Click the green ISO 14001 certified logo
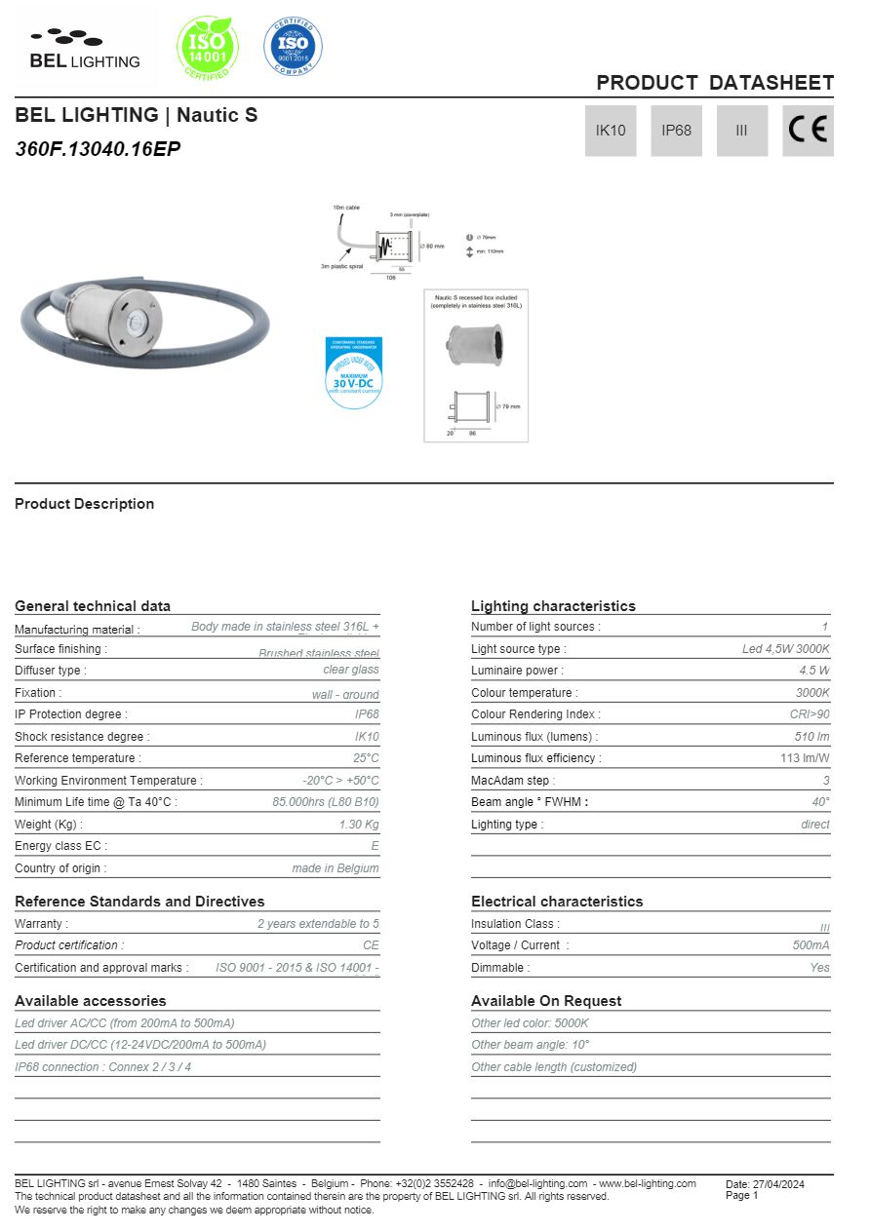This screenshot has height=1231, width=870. [x=207, y=46]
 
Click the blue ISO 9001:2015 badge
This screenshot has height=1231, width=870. [x=293, y=45]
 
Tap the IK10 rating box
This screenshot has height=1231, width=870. [x=611, y=131]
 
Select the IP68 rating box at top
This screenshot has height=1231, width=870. [x=676, y=131]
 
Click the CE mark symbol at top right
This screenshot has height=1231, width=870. [x=808, y=131]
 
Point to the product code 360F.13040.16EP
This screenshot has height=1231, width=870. [x=98, y=149]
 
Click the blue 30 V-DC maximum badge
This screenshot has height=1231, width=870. [x=353, y=372]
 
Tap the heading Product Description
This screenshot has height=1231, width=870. [x=84, y=504]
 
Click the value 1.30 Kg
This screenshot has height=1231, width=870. [x=359, y=825]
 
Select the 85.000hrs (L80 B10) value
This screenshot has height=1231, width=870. [x=326, y=802]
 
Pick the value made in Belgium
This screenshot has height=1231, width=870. [x=336, y=868]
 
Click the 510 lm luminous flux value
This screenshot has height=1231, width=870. [x=811, y=737]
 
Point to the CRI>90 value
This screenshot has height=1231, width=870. [x=810, y=714]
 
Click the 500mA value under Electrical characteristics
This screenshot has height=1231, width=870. [x=811, y=945]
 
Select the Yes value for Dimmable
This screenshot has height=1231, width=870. [x=819, y=968]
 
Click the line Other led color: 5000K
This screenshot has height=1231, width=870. [x=530, y=1023]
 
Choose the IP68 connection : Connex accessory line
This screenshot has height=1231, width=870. [x=103, y=1067]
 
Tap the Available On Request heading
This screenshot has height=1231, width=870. [x=546, y=1001]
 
